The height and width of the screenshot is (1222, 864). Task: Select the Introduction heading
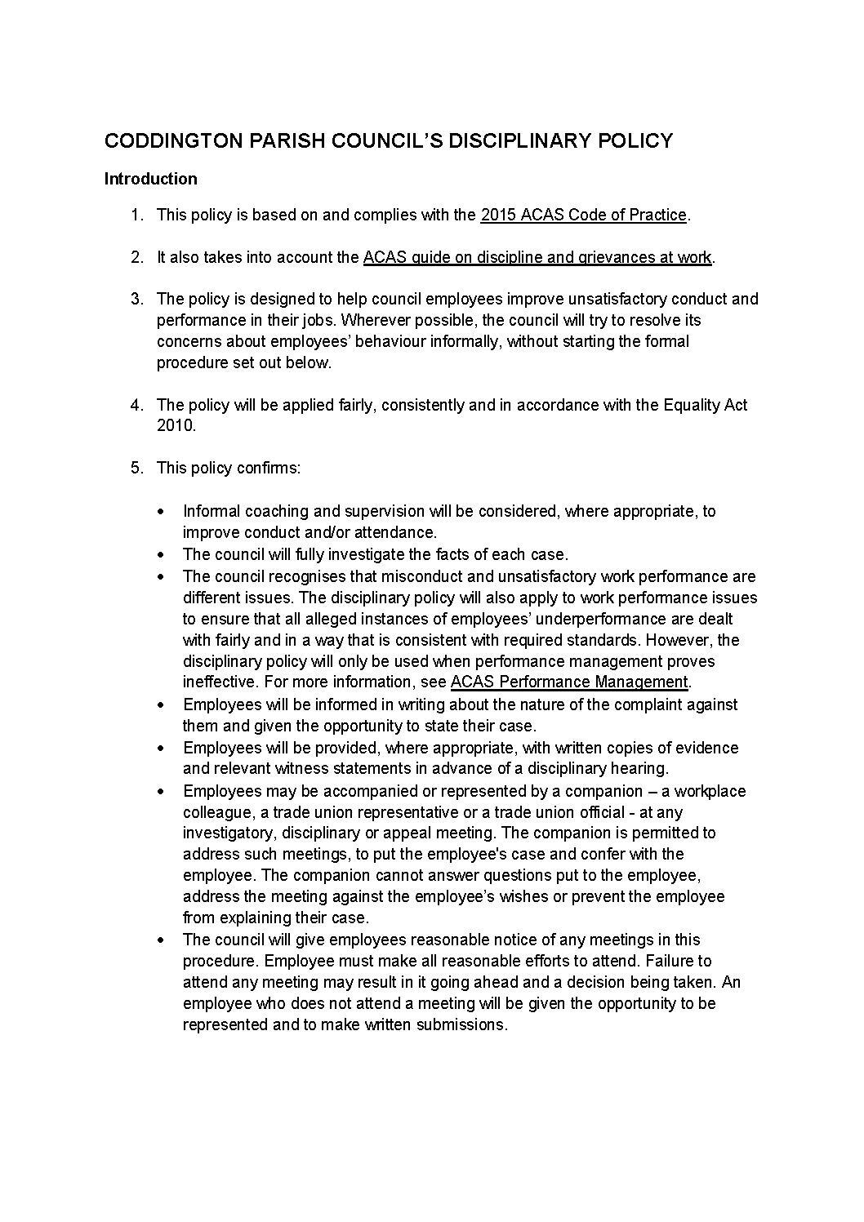point(150,179)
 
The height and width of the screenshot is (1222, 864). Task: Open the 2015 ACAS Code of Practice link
point(583,215)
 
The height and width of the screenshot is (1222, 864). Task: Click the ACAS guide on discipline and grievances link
point(537,257)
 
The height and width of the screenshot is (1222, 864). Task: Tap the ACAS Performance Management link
point(569,682)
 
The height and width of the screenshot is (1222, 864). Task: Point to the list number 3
point(136,300)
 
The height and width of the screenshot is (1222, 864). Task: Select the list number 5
point(136,469)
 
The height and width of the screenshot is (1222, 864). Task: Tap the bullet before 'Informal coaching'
point(161,512)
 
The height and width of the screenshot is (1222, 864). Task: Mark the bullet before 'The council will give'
point(161,940)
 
